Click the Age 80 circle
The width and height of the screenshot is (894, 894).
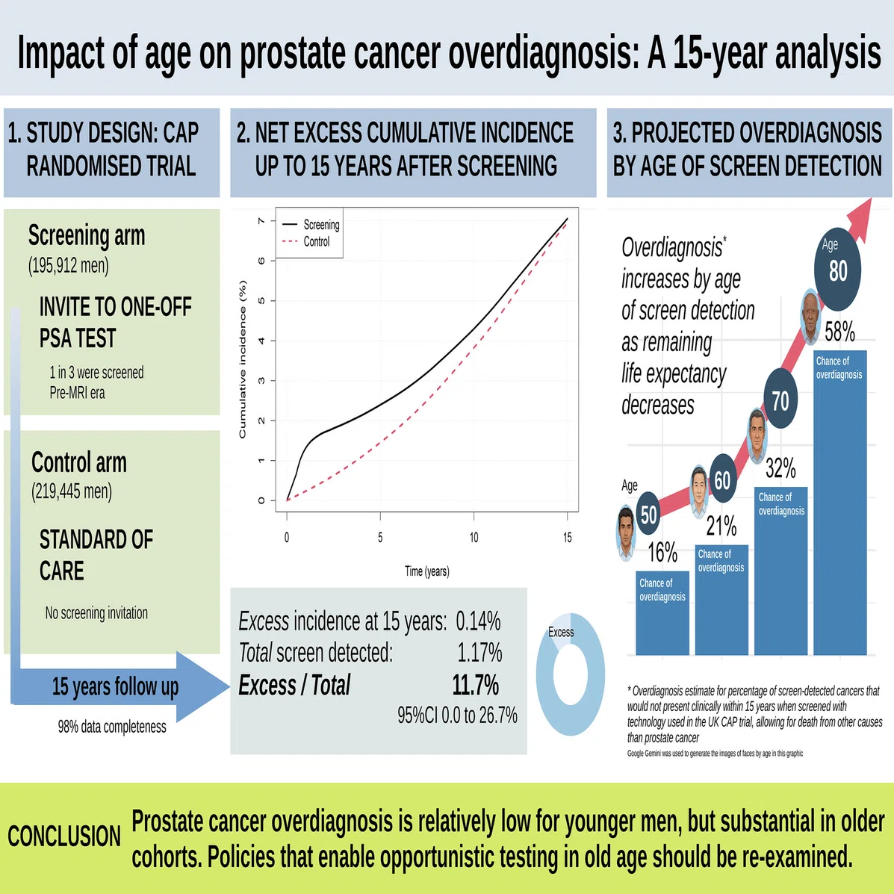pyautogui.click(x=837, y=269)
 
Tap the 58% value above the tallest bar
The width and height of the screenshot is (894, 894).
pyautogui.click(x=839, y=332)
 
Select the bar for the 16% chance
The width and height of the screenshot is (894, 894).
pyautogui.click(x=662, y=613)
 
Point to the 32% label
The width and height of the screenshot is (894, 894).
pyautogui.click(x=780, y=468)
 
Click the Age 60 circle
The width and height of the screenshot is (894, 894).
pyautogui.click(x=722, y=479)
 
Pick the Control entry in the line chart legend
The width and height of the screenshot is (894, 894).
pyautogui.click(x=306, y=241)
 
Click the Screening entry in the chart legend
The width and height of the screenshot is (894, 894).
pyautogui.click(x=311, y=225)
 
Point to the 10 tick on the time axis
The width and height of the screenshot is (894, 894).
pyautogui.click(x=474, y=537)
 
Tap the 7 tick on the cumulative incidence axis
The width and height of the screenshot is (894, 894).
pyautogui.click(x=261, y=220)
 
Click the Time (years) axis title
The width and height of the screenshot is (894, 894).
pyautogui.click(x=427, y=571)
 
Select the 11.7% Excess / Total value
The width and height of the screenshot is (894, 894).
pyautogui.click(x=476, y=685)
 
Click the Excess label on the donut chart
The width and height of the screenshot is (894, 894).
pyautogui.click(x=561, y=633)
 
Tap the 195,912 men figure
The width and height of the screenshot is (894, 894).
pyautogui.click(x=69, y=265)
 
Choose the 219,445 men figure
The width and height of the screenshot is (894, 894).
pyautogui.click(x=71, y=491)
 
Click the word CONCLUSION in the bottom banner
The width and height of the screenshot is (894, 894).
pyautogui.click(x=64, y=836)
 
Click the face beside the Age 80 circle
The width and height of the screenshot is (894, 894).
pyautogui.click(x=810, y=317)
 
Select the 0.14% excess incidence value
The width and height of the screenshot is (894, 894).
pyautogui.click(x=478, y=621)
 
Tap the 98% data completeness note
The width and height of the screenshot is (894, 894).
pyautogui.click(x=112, y=727)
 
